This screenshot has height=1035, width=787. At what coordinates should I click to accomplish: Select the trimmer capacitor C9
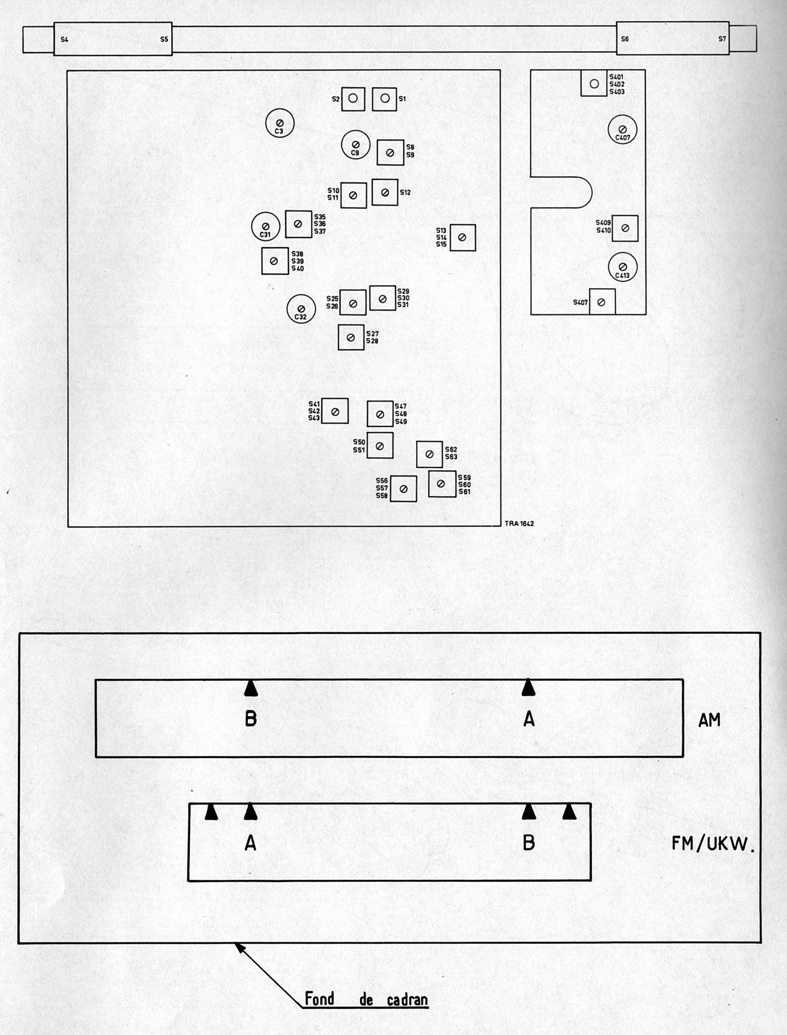tap(356, 145)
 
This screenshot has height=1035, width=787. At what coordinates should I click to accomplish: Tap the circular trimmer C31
tap(266, 227)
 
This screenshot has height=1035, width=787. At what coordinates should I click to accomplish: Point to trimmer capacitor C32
tap(301, 309)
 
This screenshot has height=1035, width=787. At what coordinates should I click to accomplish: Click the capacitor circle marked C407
tap(623, 130)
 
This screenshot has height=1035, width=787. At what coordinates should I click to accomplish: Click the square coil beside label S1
tap(384, 99)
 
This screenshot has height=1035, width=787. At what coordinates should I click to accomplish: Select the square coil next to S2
tap(353, 99)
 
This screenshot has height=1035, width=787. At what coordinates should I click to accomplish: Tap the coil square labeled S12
tap(385, 192)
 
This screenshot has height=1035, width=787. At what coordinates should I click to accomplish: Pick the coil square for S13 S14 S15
tap(463, 237)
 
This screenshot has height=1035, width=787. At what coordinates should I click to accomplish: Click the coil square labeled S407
tap(602, 302)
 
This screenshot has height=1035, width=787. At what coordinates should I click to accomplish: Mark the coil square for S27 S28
tap(351, 338)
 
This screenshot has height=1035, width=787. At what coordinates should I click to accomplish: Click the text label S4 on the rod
tap(64, 40)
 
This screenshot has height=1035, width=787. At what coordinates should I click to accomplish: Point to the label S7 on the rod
tap(722, 39)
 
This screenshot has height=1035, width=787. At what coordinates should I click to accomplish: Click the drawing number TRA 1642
tap(519, 523)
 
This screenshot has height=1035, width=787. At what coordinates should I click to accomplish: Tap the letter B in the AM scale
tap(251, 719)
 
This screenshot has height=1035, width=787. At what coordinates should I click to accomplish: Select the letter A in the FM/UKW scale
tap(251, 843)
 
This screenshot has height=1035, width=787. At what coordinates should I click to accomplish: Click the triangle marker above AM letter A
tap(528, 687)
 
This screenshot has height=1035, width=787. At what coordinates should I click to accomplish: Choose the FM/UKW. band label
tap(713, 844)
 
